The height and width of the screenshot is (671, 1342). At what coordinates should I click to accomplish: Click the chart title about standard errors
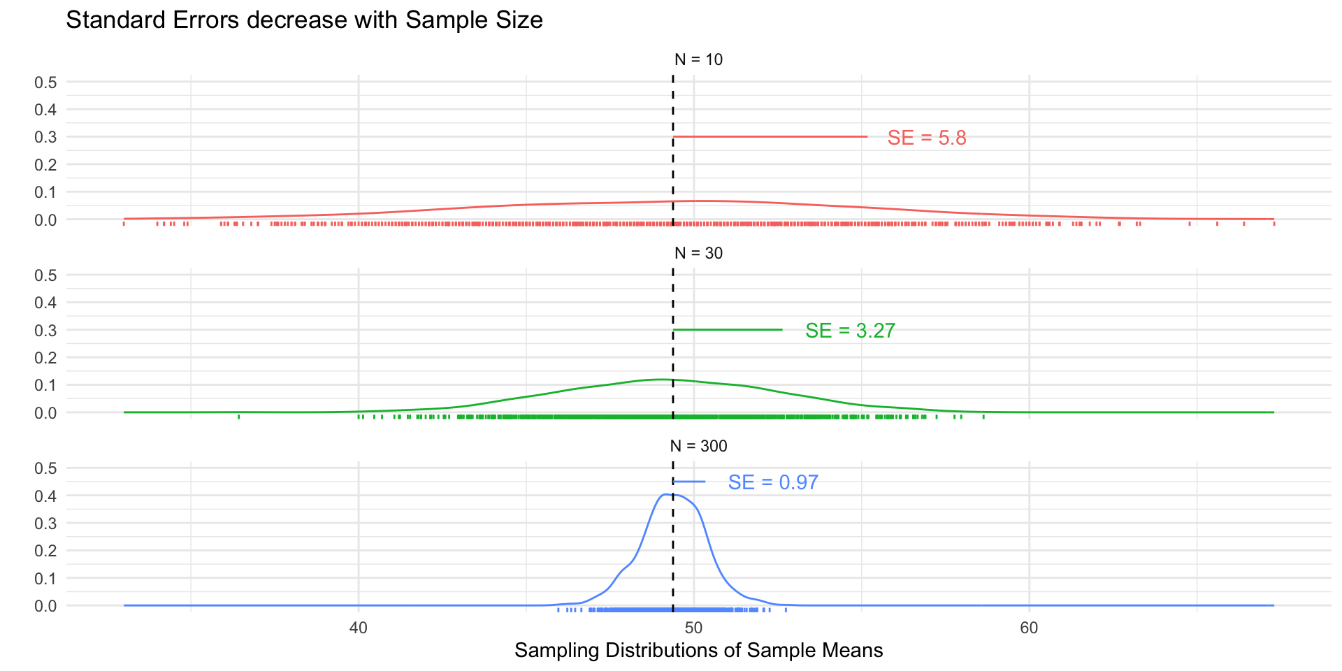point(304,20)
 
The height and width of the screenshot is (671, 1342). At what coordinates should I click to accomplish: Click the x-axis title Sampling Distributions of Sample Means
point(698,651)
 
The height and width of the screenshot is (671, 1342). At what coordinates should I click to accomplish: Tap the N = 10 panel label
point(698,59)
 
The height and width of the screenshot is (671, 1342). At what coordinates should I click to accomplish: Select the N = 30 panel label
point(698,253)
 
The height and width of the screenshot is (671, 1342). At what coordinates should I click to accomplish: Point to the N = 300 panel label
point(698,446)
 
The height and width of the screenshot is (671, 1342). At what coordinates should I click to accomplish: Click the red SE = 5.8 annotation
point(927,138)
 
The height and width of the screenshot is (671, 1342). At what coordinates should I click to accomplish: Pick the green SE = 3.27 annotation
point(850,331)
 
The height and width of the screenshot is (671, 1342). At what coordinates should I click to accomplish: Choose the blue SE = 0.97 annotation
point(773,482)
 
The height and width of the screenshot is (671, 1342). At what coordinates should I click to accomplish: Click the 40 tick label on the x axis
point(358,628)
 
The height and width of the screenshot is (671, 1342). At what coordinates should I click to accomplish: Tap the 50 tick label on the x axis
point(693,628)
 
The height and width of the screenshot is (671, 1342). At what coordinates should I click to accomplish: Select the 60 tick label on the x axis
point(1029,628)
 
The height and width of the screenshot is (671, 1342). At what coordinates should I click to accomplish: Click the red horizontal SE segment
point(770,136)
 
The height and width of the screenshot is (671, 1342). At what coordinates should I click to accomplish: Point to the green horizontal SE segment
point(728,329)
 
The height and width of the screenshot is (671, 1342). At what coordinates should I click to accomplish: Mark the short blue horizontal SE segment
point(689,482)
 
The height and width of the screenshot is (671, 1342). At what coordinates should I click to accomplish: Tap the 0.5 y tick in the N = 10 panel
point(46,82)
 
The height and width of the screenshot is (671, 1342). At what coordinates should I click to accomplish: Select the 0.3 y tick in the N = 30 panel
point(46,330)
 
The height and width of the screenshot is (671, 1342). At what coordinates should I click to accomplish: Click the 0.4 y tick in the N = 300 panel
point(46,496)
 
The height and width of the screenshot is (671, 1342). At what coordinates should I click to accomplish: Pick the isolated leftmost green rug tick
point(239,417)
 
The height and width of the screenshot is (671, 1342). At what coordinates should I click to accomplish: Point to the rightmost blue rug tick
point(786,610)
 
